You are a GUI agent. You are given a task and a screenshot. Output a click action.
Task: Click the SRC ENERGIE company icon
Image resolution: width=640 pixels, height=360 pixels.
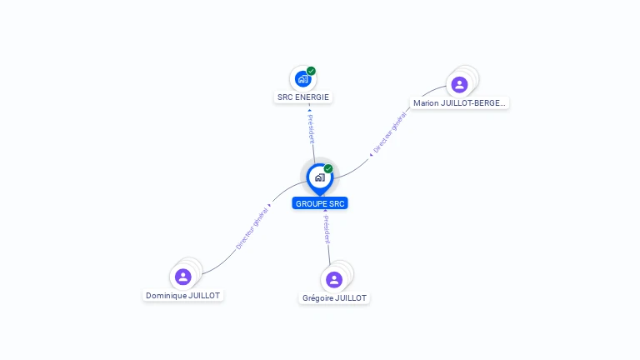(x=302, y=79)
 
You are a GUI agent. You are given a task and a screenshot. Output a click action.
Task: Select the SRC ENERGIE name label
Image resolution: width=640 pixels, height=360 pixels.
(x=303, y=97)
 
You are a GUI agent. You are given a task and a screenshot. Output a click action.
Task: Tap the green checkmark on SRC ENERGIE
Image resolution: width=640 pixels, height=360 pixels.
(x=311, y=71)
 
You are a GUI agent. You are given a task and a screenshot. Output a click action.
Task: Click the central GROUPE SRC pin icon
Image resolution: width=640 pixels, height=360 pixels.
(x=319, y=177)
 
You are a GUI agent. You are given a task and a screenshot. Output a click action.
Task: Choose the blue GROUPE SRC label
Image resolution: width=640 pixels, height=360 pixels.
(x=320, y=203)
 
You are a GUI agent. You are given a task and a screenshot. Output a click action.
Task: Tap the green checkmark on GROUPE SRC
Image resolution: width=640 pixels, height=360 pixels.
(x=328, y=168)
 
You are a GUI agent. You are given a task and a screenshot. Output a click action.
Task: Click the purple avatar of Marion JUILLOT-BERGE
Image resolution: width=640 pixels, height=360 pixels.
(x=459, y=84)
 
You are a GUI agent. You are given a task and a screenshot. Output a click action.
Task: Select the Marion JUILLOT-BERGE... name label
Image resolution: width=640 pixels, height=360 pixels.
(x=459, y=103)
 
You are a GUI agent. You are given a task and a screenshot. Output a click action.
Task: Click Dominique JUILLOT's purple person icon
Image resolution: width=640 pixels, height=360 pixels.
(x=183, y=277)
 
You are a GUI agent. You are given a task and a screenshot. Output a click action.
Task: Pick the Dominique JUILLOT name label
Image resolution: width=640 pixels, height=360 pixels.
(x=184, y=296)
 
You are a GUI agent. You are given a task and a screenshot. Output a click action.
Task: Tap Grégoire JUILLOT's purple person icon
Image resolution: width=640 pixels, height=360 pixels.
(x=334, y=279)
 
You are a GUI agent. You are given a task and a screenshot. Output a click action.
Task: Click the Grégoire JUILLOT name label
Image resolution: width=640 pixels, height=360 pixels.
(x=334, y=298)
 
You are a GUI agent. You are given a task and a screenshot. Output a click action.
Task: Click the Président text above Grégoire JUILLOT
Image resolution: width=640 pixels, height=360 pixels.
(x=327, y=229)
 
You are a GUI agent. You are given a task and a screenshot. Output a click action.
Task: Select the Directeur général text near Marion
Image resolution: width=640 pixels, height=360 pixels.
(x=390, y=134)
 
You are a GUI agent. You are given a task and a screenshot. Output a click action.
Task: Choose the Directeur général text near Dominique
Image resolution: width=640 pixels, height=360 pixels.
(x=252, y=228)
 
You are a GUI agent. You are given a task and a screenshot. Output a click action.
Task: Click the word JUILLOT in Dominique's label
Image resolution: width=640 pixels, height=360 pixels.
(x=205, y=296)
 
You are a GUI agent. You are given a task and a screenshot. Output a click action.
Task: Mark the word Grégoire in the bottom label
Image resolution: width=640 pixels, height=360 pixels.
(x=317, y=298)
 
